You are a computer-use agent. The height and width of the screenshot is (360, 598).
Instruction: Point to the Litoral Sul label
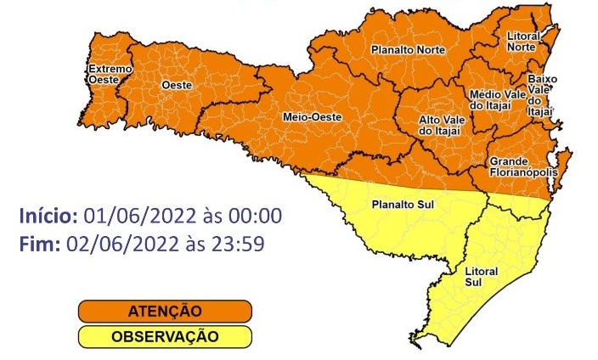(x=482, y=276)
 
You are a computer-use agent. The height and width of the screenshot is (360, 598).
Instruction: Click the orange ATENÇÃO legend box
(x=165, y=311)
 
